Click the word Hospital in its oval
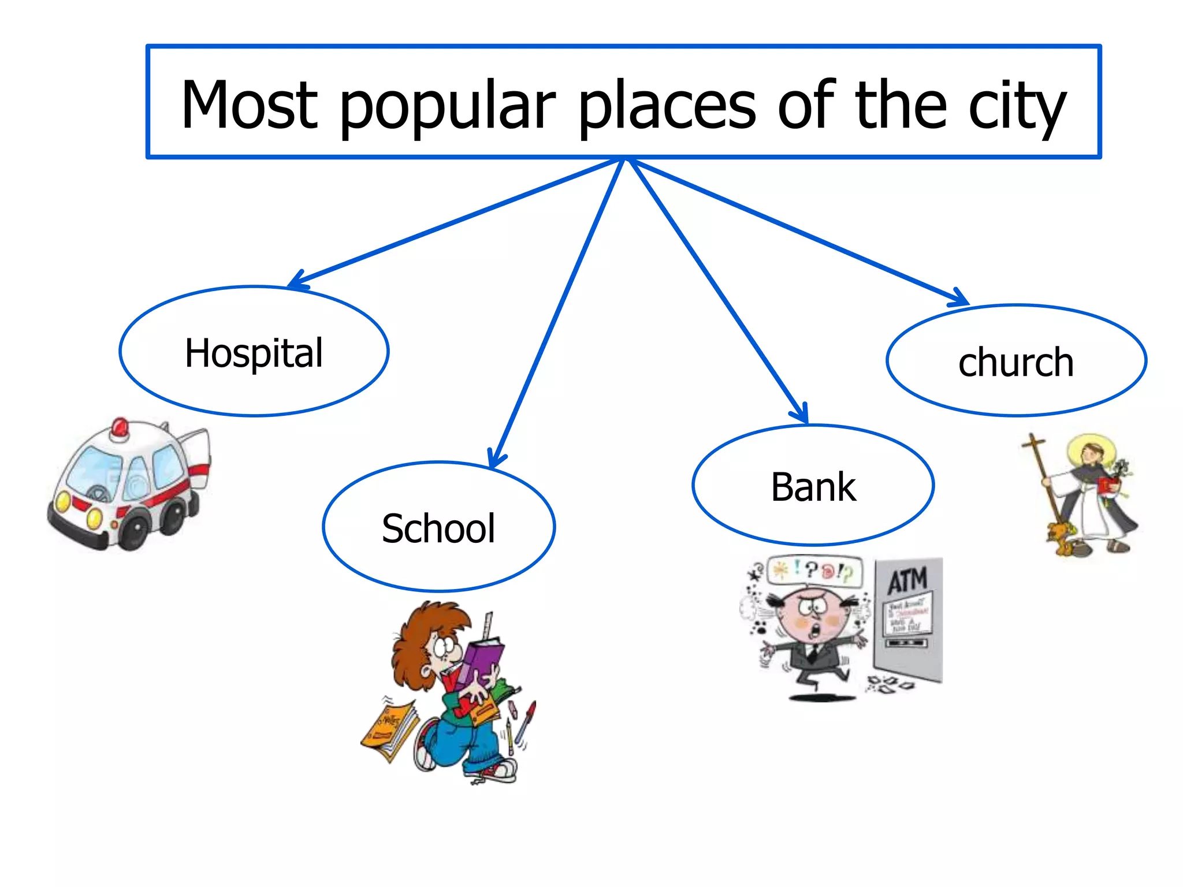254,353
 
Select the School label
438,528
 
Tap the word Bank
813,487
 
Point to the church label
1016,363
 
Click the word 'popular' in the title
448,107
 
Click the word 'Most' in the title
249,105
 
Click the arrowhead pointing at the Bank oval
802,415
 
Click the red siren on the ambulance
121,428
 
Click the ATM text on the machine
907,580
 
